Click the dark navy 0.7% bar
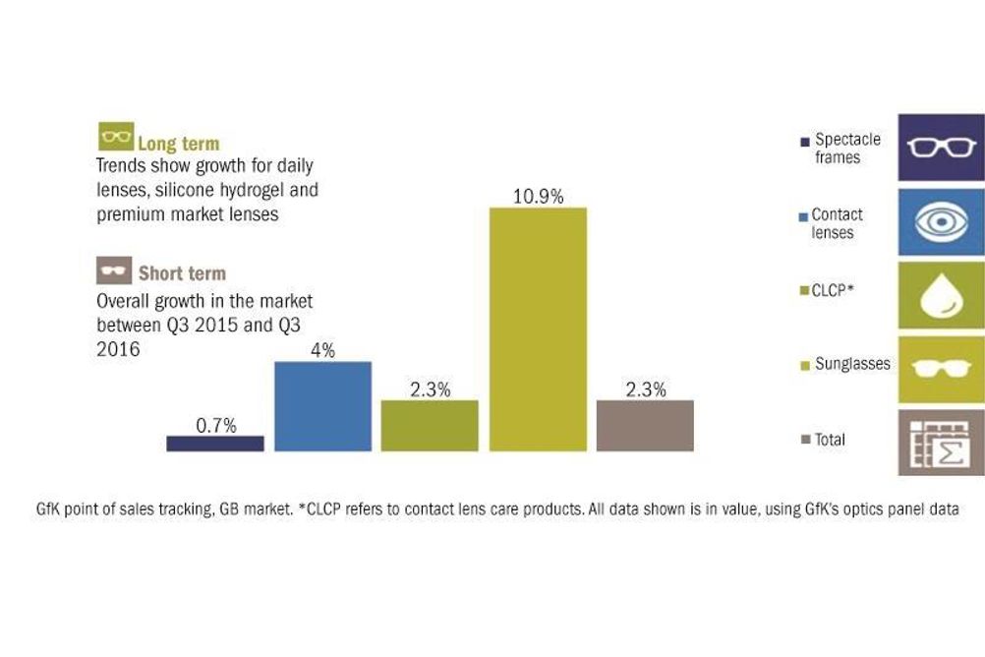[215, 444]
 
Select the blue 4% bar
[322, 406]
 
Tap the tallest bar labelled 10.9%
[539, 329]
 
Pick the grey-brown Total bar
[645, 426]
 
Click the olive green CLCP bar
[430, 426]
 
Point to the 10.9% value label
[539, 196]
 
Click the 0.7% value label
[216, 426]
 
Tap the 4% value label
[322, 350]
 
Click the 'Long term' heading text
[179, 144]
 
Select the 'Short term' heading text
[182, 273]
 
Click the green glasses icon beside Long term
[116, 137]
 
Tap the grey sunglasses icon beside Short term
[114, 270]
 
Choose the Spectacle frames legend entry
[841, 149]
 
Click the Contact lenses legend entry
[831, 223]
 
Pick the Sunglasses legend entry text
[852, 364]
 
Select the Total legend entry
[824, 440]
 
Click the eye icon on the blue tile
[941, 222]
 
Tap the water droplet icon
[941, 295]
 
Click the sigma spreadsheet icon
[941, 444]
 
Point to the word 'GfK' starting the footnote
[48, 508]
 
